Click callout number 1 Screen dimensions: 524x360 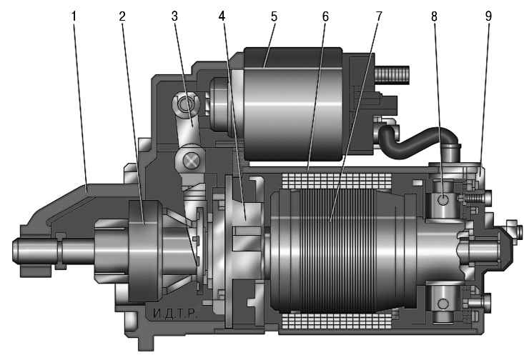pos(74,16)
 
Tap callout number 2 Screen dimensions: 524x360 pos(122,16)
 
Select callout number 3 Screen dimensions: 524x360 pos(174,16)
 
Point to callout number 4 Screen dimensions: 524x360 pos(222,16)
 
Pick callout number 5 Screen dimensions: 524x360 pos(274,16)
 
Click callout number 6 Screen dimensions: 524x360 pos(325,16)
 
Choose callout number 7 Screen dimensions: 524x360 pos(379,16)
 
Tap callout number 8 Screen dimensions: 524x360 pos(434,16)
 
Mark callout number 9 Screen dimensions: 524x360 pos(488,16)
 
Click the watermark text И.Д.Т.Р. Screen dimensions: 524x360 pos(175,314)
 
